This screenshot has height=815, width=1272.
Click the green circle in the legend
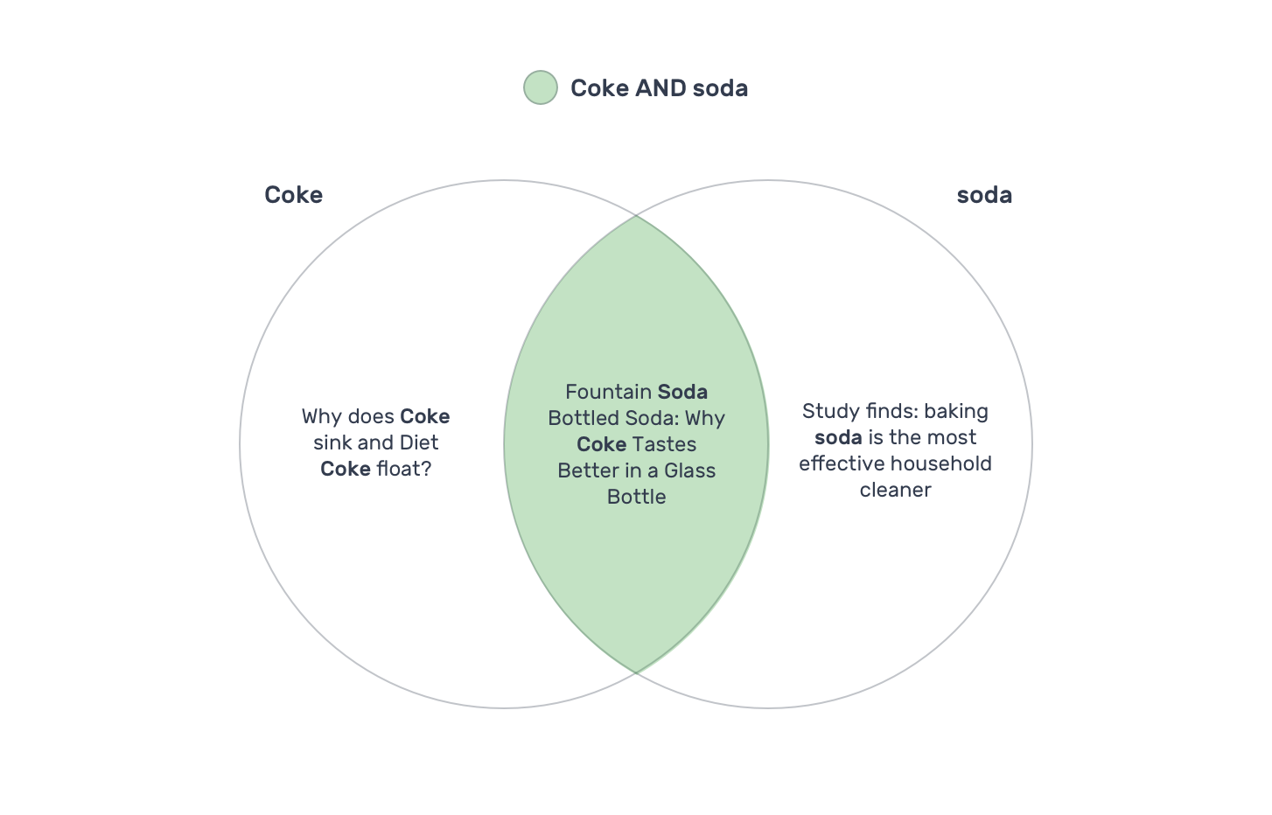coord(540,87)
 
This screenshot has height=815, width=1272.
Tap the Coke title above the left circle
coord(294,195)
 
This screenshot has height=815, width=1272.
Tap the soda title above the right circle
coord(984,195)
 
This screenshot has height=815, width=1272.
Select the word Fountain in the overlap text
coord(608,392)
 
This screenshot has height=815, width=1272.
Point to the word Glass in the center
coord(690,470)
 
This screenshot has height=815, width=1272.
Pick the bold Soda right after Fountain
coord(682,392)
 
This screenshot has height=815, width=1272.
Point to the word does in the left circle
coord(371,416)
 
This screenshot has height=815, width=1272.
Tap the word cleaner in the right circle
coord(896,490)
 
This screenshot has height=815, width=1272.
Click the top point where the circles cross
coord(636,216)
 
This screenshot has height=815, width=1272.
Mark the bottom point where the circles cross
coord(636,672)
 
